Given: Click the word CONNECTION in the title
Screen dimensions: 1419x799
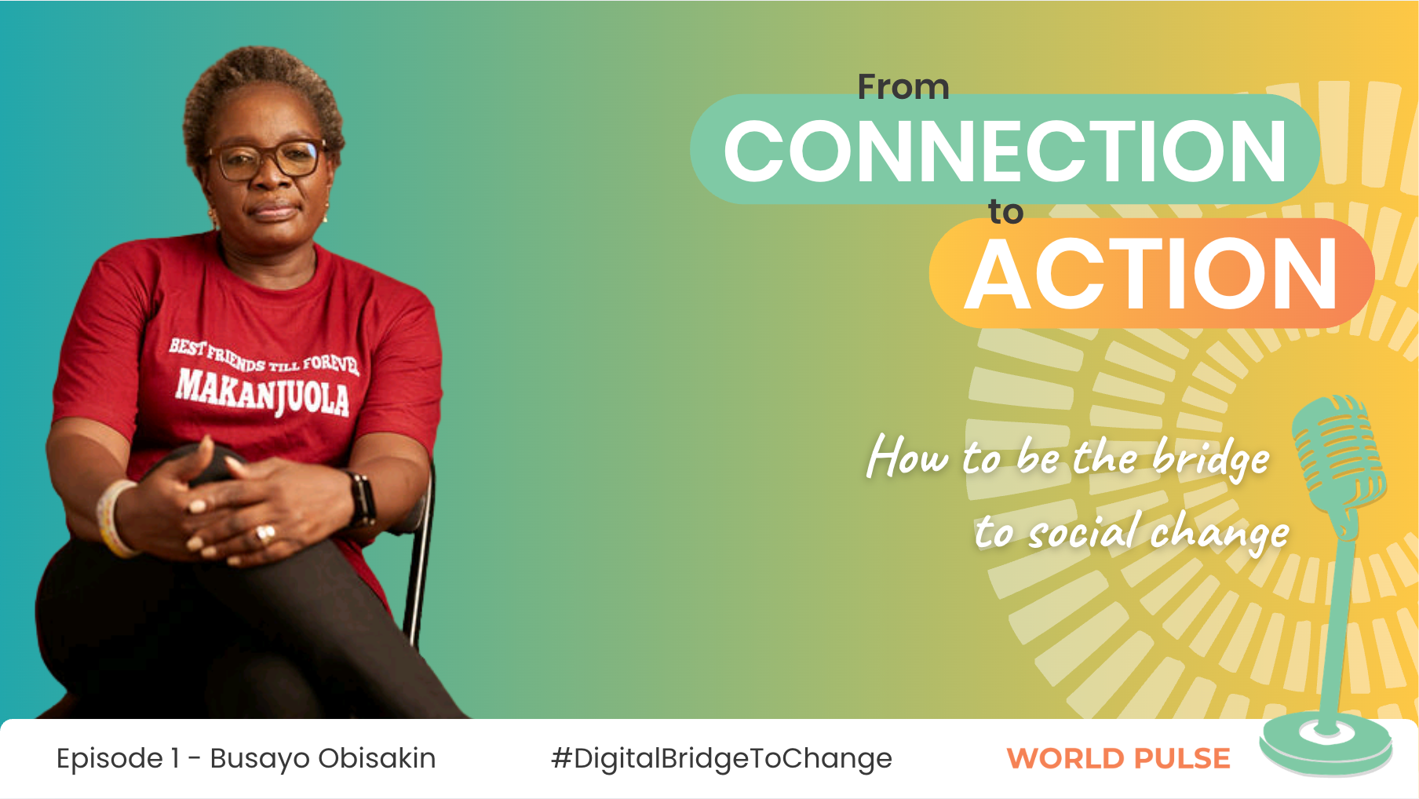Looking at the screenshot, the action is coord(1005,151).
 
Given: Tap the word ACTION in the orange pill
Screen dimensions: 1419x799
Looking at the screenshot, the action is coord(1151,274).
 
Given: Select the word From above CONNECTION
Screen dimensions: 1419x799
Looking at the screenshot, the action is coord(903,86).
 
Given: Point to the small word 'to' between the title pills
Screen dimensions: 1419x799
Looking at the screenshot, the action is coord(1005,212).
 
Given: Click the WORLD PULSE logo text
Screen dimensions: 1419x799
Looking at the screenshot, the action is coord(1118,759).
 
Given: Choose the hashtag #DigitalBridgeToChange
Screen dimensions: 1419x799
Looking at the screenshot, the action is coord(721,758).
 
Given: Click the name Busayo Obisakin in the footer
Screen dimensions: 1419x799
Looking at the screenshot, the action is coord(323,758).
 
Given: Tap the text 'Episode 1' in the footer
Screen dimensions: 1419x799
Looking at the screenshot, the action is coord(118,758).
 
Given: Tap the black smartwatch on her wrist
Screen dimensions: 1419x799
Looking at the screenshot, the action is coord(361,498).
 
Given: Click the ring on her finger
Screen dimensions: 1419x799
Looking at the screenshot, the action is coord(265,534).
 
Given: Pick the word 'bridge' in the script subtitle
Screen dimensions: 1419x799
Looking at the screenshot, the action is coord(1211,458).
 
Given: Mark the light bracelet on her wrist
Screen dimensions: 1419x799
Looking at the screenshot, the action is coord(114,519).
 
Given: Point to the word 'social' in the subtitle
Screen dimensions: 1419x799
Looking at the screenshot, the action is coord(1083,532).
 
